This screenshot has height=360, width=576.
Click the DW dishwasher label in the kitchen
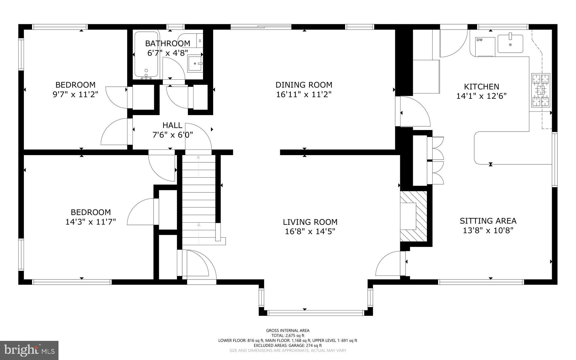480,40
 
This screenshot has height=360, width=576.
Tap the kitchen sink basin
510,44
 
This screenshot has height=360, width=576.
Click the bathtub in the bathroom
146,55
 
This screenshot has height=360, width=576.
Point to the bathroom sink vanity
195,64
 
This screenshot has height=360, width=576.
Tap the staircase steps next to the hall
199,200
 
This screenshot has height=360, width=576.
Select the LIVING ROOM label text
310,222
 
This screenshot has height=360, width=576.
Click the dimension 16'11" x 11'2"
304,94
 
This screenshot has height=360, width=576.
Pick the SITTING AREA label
488,221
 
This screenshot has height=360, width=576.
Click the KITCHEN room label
481,86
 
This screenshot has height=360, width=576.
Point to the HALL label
172,125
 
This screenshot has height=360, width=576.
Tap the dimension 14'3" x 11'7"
91,222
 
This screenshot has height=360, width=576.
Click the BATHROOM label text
168,43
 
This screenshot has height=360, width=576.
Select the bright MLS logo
29,350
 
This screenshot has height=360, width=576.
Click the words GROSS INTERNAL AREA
288,330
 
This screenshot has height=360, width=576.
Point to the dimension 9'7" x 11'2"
75,94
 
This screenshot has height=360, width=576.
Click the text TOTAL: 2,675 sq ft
288,336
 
